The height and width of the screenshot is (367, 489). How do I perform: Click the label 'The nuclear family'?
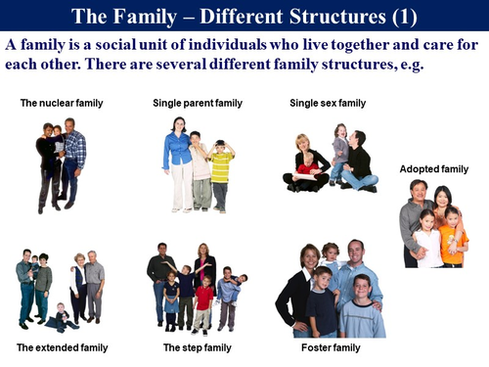[x=62, y=103]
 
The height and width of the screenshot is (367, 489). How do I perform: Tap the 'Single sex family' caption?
[x=328, y=103]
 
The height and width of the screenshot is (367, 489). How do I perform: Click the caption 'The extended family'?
[x=56, y=347]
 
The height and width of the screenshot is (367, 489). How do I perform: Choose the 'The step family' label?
[x=195, y=347]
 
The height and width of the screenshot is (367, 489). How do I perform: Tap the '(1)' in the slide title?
[x=405, y=16]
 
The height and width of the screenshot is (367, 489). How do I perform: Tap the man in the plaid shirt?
[x=73, y=157]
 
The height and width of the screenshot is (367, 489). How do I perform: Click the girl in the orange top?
[x=452, y=240]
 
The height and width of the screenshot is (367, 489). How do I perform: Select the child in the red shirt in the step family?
[x=203, y=298]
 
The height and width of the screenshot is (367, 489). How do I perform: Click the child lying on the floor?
[x=61, y=318]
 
